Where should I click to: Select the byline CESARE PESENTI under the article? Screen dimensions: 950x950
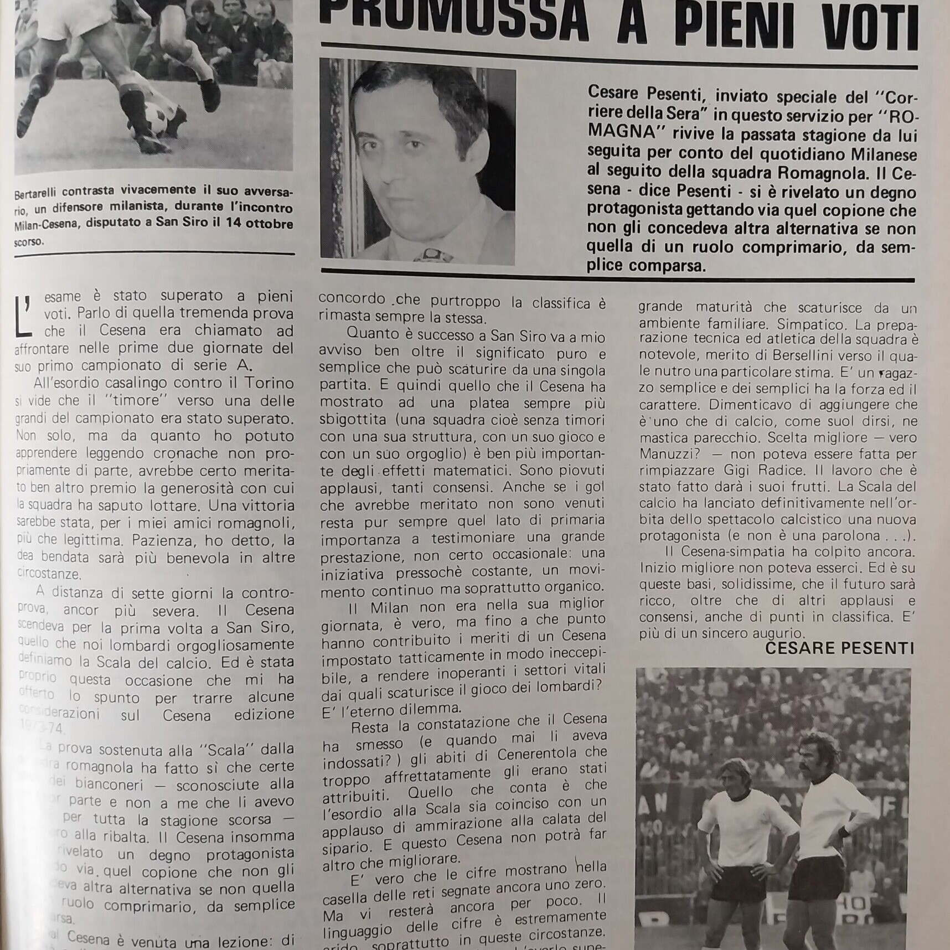(x=839, y=648)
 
